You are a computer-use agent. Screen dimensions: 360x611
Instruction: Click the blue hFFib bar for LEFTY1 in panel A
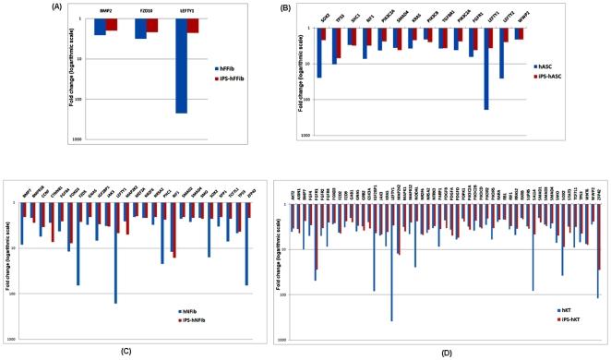pyautogui.click(x=182, y=65)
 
